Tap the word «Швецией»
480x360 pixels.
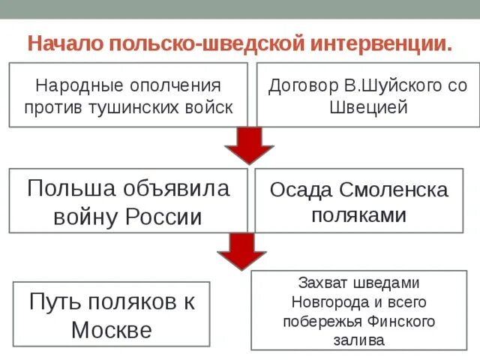(x=368, y=106)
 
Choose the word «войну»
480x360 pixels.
(x=85, y=217)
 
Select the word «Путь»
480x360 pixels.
(x=55, y=301)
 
